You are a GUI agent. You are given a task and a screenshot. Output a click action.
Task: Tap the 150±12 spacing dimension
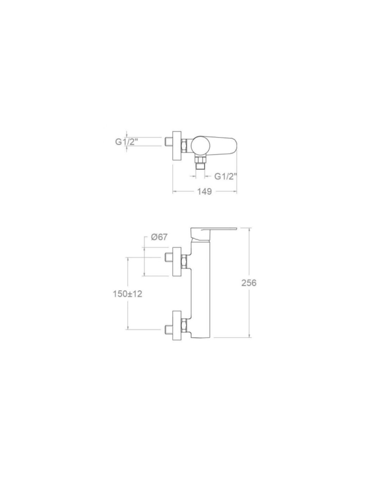[127, 294]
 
